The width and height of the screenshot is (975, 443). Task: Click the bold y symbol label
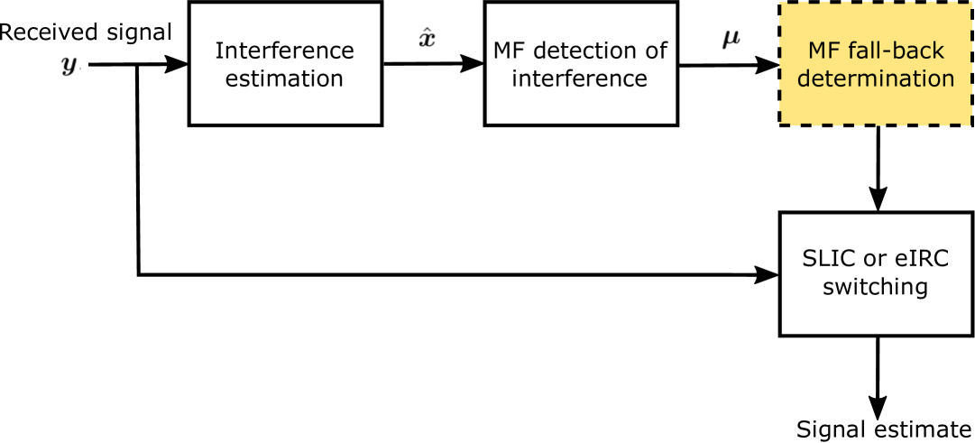click(68, 65)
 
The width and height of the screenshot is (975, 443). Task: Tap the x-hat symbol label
click(428, 39)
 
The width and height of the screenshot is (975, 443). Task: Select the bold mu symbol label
click(730, 39)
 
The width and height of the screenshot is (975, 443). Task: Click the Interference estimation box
click(285, 63)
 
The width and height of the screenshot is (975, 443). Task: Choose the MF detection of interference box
click(581, 63)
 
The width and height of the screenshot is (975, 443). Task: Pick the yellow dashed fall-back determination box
click(876, 63)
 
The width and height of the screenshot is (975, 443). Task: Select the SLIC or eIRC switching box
click(876, 273)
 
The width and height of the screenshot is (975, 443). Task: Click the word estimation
click(284, 78)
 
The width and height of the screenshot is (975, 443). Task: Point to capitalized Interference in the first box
click(284, 50)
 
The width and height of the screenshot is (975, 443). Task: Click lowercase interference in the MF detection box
click(580, 78)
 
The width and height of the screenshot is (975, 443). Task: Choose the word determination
click(876, 78)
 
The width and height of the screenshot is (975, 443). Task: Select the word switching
click(875, 288)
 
